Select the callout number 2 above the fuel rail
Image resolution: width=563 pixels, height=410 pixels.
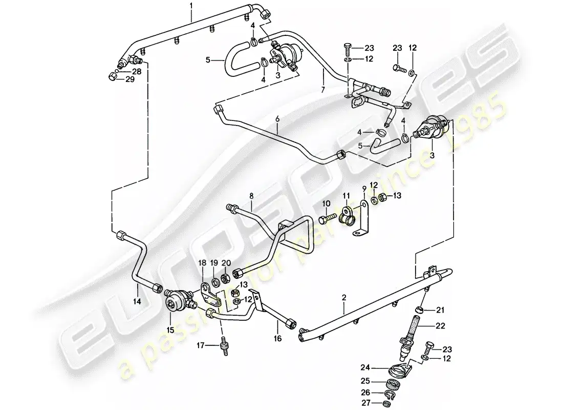344,297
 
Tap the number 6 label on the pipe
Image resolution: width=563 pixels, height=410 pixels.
277,119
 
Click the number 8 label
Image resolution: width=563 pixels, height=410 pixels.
251,195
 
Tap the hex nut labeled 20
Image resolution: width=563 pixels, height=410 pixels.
224,279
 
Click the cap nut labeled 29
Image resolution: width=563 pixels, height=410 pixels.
112,77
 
